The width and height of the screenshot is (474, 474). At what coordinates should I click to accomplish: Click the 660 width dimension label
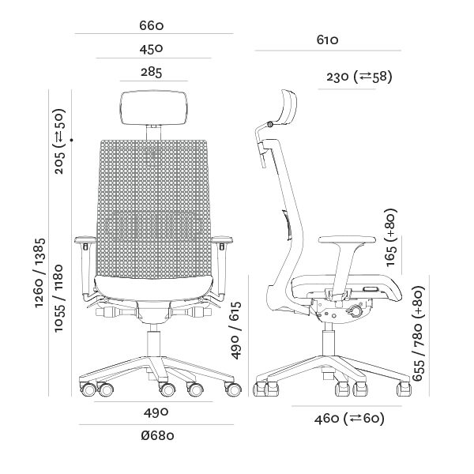tap(152, 26)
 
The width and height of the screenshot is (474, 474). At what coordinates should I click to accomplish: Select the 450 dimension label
tap(152, 49)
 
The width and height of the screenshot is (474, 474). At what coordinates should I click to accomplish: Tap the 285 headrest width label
tap(152, 72)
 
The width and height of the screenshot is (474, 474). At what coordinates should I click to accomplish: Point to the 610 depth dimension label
tap(327, 40)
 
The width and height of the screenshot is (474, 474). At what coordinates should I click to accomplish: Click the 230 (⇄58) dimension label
tap(359, 77)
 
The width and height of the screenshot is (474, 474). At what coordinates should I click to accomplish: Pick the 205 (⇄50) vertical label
tap(59, 141)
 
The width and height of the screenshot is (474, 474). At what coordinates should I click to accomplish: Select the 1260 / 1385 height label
tap(40, 273)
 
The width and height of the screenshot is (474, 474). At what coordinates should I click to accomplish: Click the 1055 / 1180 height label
tap(58, 299)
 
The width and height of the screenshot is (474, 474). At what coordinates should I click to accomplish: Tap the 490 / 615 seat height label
tap(236, 330)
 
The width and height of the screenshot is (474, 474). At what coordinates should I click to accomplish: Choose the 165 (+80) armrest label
tap(391, 237)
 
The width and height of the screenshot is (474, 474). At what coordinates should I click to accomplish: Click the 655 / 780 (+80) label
tap(419, 333)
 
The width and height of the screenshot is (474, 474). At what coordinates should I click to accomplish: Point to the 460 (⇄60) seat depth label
tap(349, 419)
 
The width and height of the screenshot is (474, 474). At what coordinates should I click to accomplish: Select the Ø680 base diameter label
tap(157, 435)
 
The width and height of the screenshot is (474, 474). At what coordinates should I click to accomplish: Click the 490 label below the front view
tap(156, 412)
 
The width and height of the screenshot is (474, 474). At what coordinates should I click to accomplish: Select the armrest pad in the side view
tap(348, 240)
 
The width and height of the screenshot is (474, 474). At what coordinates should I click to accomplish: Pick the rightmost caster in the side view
tap(404, 389)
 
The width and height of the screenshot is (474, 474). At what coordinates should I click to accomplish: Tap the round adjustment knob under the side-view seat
tap(355, 311)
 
